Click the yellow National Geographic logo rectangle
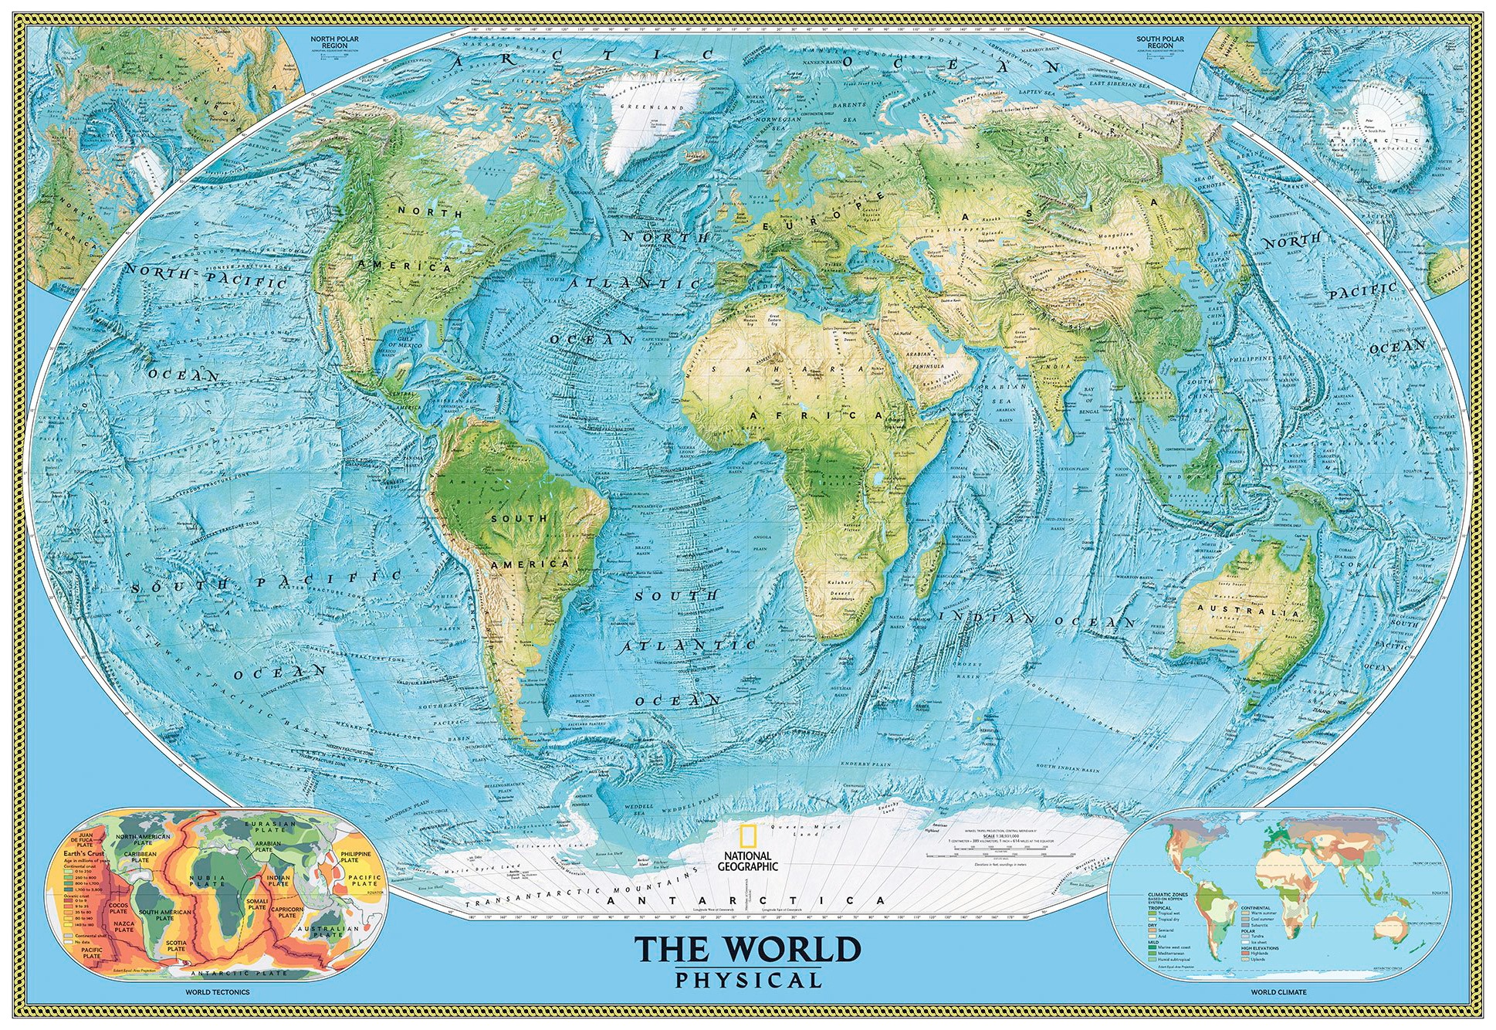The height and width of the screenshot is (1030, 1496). coord(746,837)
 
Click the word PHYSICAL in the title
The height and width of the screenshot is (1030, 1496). coord(747,980)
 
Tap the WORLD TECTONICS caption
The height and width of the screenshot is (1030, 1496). coord(217,992)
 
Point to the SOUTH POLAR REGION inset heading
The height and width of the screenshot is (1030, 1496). coord(1159,42)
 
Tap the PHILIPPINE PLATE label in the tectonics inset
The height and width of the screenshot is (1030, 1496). coord(355,857)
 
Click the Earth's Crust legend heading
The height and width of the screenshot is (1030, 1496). coord(83,853)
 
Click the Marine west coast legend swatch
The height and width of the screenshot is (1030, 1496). coord(1152,947)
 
